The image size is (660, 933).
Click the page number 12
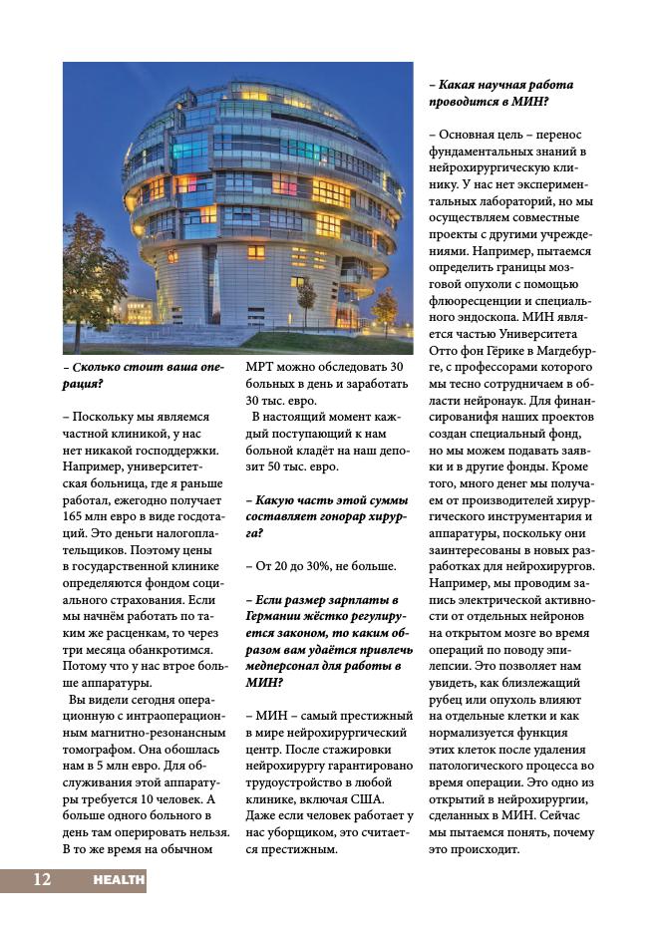pyautogui.click(x=42, y=879)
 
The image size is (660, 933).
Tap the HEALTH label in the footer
pyautogui.click(x=119, y=880)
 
